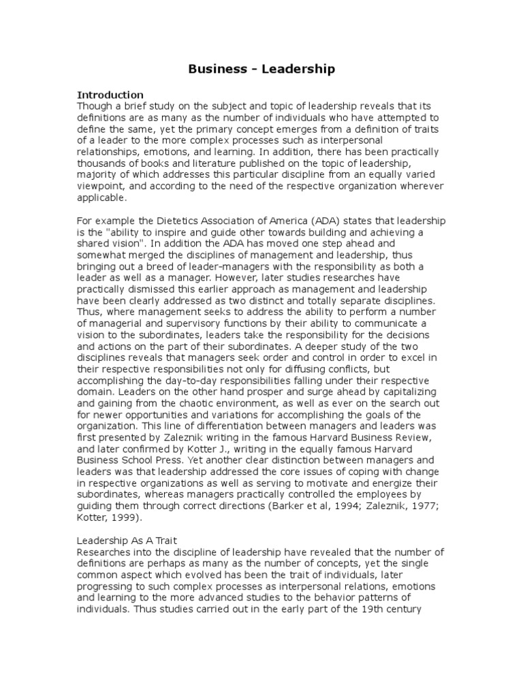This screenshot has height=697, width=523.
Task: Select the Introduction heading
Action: (x=110, y=95)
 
